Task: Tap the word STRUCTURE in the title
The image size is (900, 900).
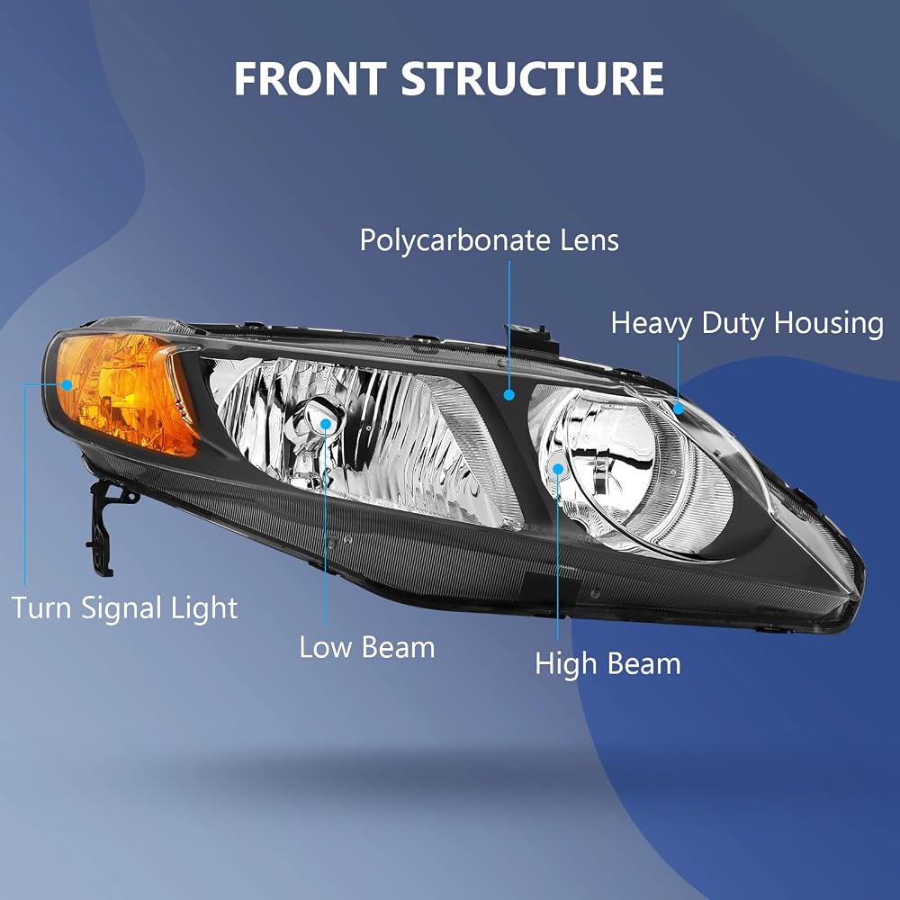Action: [533, 78]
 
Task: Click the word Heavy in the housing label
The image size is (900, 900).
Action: [652, 324]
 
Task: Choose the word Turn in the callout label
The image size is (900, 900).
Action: [42, 607]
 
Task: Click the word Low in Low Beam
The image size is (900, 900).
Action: [325, 647]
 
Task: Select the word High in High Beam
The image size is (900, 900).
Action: [566, 665]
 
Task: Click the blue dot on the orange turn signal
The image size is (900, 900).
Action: [67, 385]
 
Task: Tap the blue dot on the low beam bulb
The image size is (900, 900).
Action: [326, 424]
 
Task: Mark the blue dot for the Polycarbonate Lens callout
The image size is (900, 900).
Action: [508, 395]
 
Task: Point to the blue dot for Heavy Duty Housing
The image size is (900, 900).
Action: [679, 409]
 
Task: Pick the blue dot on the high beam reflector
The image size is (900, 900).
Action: [558, 469]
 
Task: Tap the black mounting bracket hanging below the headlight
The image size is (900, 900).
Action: [106, 526]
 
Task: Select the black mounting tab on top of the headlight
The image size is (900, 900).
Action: [530, 338]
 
